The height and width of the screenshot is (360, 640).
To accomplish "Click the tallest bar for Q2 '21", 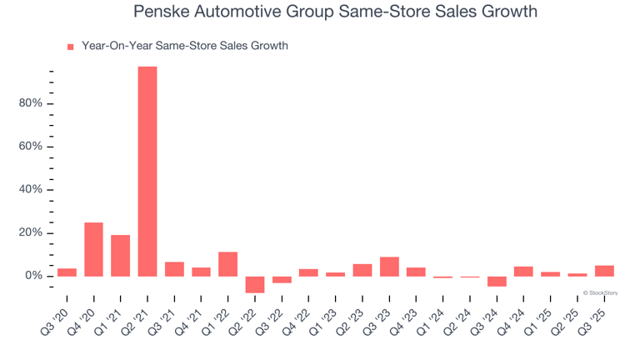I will pos(147,171).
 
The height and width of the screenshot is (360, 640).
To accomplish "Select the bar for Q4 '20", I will pos(93,249).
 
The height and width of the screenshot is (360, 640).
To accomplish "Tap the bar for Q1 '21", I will pos(120,255).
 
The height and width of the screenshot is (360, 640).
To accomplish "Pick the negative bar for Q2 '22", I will pos(255,284).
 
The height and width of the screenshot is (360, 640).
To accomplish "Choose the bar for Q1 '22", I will pos(228,263).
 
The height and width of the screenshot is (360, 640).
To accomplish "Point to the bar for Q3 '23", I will pos(389,266).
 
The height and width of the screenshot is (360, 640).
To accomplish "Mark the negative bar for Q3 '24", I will pos(497,281).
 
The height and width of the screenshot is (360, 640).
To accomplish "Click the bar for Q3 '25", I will pos(604,271).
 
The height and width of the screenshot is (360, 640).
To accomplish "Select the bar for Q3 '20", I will pos(67,272).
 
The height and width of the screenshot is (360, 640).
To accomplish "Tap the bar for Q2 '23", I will pos(362,270).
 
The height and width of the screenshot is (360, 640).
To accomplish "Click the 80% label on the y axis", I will pos(30,104).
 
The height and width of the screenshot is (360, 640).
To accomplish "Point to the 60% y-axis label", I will pos(30,147).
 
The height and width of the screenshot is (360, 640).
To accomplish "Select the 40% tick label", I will pos(30,190).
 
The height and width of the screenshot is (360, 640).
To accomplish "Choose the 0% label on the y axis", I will pos(33,276).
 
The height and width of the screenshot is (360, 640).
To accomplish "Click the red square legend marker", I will pos(70,47).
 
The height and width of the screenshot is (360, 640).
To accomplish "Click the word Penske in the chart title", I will pos(162,12).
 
